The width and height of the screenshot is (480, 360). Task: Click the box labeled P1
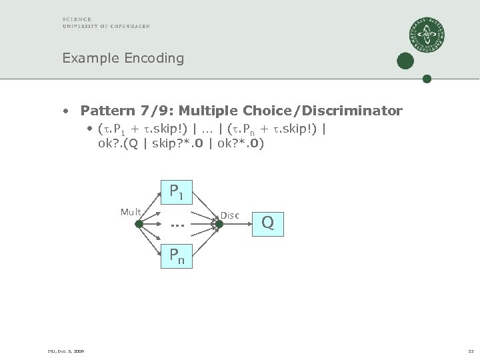click(x=177, y=192)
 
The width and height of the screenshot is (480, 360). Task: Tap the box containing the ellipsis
click(x=177, y=224)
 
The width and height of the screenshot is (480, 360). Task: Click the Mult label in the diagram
click(x=131, y=213)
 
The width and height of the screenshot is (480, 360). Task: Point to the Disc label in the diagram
click(x=229, y=215)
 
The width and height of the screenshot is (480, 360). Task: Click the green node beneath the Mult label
click(x=139, y=225)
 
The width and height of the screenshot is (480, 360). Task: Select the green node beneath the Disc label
click(x=219, y=225)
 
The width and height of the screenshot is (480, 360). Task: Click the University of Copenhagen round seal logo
click(x=427, y=35)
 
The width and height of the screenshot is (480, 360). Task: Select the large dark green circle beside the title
click(x=405, y=61)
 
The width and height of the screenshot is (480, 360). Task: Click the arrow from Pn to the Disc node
click(x=205, y=241)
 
